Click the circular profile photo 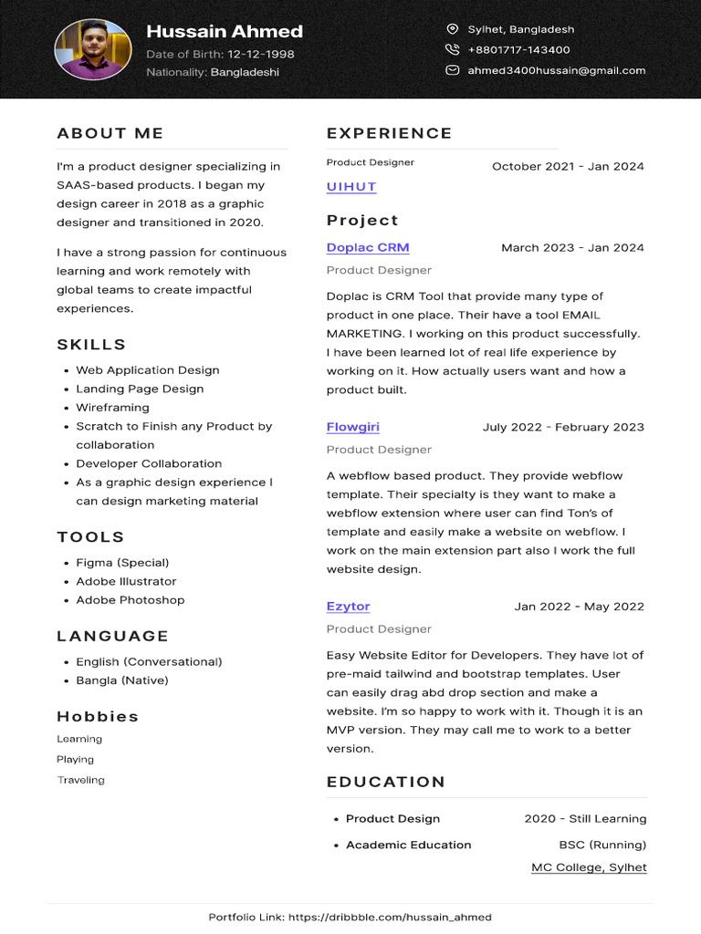tap(93, 50)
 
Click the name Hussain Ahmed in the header tap(225, 31)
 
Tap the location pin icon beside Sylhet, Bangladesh tap(452, 29)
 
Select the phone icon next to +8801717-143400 tap(452, 50)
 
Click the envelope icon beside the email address tap(452, 70)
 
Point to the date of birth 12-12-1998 tap(260, 54)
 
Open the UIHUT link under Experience tap(351, 187)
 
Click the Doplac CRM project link tap(368, 247)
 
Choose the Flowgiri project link tap(353, 427)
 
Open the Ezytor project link tap(348, 607)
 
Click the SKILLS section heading tap(91, 345)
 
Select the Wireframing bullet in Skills tap(112, 408)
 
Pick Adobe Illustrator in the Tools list tap(126, 581)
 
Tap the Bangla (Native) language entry tap(121, 680)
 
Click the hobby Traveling tap(80, 780)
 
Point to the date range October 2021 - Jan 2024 tap(568, 166)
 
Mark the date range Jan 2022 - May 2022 tap(579, 607)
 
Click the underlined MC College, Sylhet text tap(589, 867)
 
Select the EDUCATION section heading tap(386, 782)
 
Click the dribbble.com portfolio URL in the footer tap(391, 917)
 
